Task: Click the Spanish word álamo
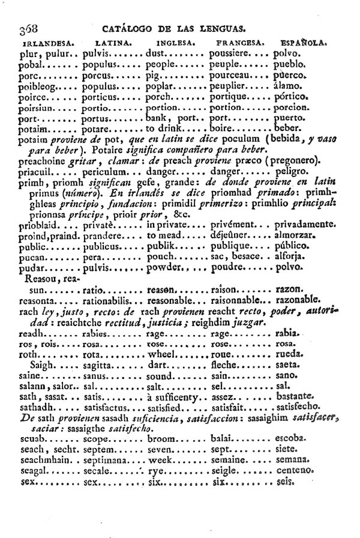(x=286, y=86)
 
